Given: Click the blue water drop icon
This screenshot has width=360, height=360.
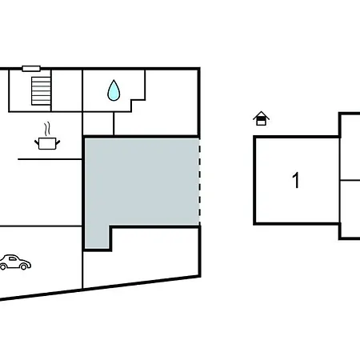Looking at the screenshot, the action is click(x=114, y=90).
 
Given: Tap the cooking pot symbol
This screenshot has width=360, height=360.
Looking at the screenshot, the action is click(x=47, y=143).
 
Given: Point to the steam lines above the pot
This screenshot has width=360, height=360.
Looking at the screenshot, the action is click(x=47, y=129).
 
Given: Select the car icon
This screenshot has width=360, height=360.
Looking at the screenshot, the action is click(x=15, y=262).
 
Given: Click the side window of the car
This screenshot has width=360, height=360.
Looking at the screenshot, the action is click(x=13, y=258).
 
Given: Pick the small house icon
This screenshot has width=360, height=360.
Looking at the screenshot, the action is click(x=261, y=118).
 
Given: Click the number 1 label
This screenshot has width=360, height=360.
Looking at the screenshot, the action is click(x=296, y=180).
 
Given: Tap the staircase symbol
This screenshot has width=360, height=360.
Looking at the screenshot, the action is click(x=41, y=91).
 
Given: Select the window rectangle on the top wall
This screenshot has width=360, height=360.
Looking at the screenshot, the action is click(x=31, y=69).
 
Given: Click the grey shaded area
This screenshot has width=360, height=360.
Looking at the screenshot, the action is click(x=142, y=182).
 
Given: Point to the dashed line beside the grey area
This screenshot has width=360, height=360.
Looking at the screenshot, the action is click(x=199, y=182).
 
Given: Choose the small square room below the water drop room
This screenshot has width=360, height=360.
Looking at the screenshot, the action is click(x=98, y=123).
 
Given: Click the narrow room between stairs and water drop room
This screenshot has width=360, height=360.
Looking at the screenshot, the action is click(x=66, y=90).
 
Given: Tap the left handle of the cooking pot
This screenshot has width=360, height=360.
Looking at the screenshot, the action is click(x=37, y=142).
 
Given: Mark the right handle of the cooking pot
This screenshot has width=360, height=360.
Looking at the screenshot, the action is click(x=58, y=142).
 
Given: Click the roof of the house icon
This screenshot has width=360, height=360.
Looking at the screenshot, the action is click(x=261, y=115).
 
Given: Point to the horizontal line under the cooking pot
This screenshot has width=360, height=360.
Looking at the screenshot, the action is click(x=50, y=159).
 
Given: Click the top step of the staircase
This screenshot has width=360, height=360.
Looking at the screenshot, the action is click(x=41, y=78).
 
